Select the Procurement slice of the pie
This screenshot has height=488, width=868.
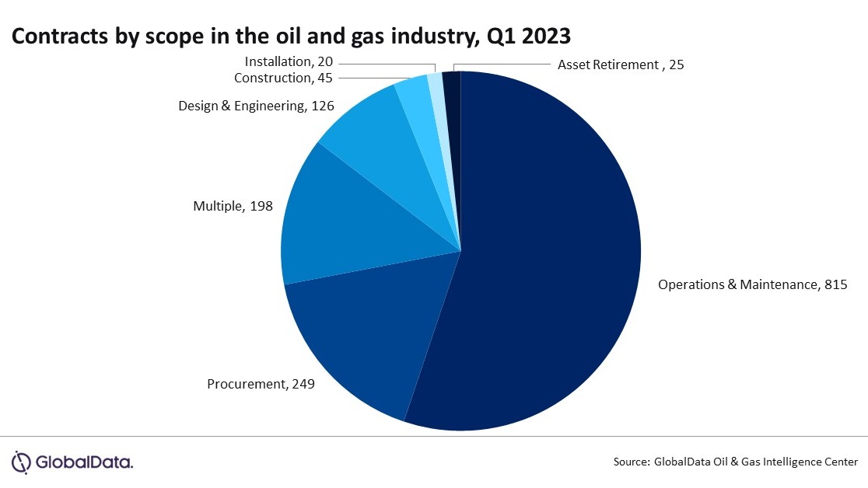click(366, 334)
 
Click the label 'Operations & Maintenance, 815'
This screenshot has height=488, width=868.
click(751, 284)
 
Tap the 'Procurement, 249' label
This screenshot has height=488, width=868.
click(261, 384)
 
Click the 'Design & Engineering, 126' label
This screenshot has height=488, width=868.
click(256, 106)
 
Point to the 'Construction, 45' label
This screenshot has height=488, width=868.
click(283, 78)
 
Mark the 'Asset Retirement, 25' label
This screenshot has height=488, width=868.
click(620, 65)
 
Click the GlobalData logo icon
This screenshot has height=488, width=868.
click(21, 462)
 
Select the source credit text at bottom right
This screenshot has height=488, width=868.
click(735, 462)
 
